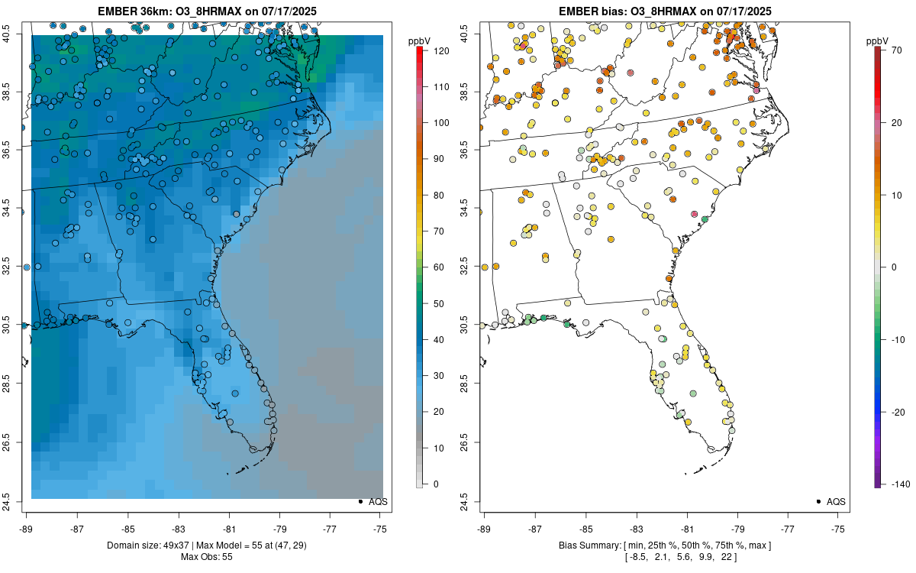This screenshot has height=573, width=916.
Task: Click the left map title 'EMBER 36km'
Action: tap(134, 11)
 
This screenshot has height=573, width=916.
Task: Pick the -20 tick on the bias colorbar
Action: tap(894, 412)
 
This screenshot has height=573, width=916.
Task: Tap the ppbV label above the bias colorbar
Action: tap(878, 40)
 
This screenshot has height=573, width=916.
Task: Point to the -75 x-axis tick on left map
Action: tap(380, 528)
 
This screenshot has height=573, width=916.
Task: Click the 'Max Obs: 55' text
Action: tap(206, 556)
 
